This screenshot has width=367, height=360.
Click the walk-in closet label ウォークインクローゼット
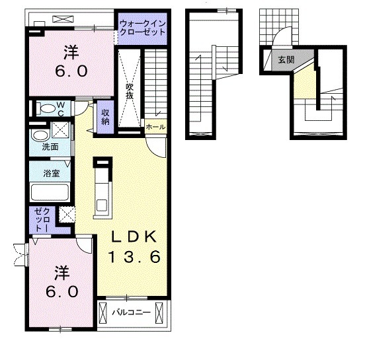point(143,28)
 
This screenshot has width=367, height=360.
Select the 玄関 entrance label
point(286,60)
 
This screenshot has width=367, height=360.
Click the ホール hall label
point(155,127)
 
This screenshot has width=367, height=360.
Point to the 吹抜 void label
point(130,91)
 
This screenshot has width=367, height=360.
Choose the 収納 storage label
point(105,117)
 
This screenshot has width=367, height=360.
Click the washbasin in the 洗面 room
point(39,136)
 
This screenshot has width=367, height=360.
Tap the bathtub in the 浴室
point(50,192)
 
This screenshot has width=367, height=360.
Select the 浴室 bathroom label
point(52,173)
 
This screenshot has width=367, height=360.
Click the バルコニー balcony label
point(131,312)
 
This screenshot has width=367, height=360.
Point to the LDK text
point(134,237)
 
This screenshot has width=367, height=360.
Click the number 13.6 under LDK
point(135,256)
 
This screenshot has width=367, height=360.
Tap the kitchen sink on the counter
point(102,205)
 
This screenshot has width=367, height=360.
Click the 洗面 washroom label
point(50,147)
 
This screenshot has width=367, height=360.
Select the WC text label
point(60,109)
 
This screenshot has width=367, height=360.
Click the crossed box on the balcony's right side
point(159,312)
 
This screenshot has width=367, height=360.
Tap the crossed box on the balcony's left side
point(102,312)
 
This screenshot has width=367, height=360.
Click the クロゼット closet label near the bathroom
point(42,220)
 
